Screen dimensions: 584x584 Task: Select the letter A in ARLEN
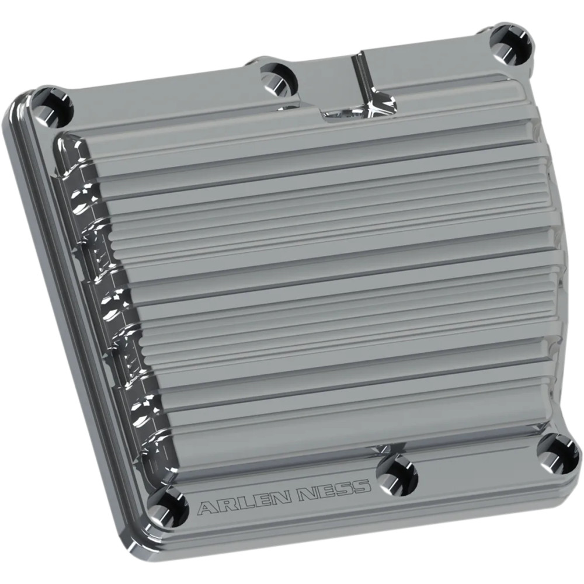tap(206, 506)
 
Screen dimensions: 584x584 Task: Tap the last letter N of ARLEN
tap(280, 496)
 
